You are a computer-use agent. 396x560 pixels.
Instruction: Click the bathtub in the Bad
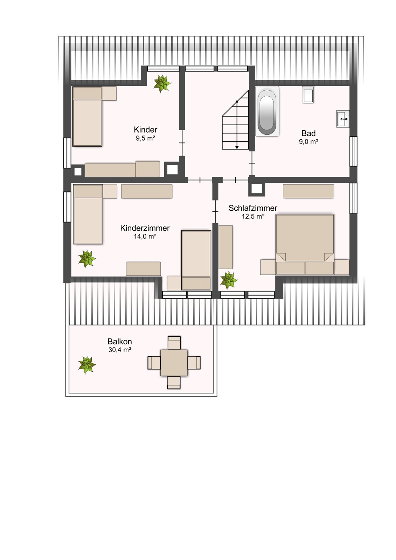pyautogui.click(x=267, y=111)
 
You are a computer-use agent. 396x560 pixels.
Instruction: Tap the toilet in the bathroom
pyautogui.click(x=308, y=94)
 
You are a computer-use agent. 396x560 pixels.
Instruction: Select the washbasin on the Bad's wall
pyautogui.click(x=343, y=119)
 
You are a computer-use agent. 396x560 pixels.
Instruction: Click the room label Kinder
pyautogui.click(x=146, y=130)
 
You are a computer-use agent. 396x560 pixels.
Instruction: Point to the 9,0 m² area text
pyautogui.click(x=308, y=142)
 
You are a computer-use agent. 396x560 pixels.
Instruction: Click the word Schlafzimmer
pyautogui.click(x=253, y=208)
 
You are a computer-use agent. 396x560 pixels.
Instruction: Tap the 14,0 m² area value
pyautogui.click(x=145, y=236)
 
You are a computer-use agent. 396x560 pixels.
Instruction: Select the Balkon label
pyautogui.click(x=120, y=342)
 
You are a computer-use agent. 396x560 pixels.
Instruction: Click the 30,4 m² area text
pyautogui.click(x=120, y=350)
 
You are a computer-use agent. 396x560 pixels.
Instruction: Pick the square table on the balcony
pyautogui.click(x=174, y=363)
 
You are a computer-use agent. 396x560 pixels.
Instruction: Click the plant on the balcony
pyautogui.click(x=87, y=365)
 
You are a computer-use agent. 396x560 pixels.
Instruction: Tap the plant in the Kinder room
pyautogui.click(x=162, y=84)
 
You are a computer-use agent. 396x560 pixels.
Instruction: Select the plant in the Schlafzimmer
pyautogui.click(x=229, y=280)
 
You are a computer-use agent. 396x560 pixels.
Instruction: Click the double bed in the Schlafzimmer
pyautogui.click(x=305, y=244)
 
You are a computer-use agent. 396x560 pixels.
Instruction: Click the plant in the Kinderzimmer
pyautogui.click(x=87, y=259)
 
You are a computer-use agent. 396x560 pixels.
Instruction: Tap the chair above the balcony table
pyautogui.click(x=174, y=343)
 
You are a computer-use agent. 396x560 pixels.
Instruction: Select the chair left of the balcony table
pyautogui.click(x=154, y=363)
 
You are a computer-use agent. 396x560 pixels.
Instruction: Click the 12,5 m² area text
pyautogui.click(x=253, y=217)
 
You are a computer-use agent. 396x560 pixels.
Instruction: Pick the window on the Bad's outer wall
pyautogui.click(x=353, y=151)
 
